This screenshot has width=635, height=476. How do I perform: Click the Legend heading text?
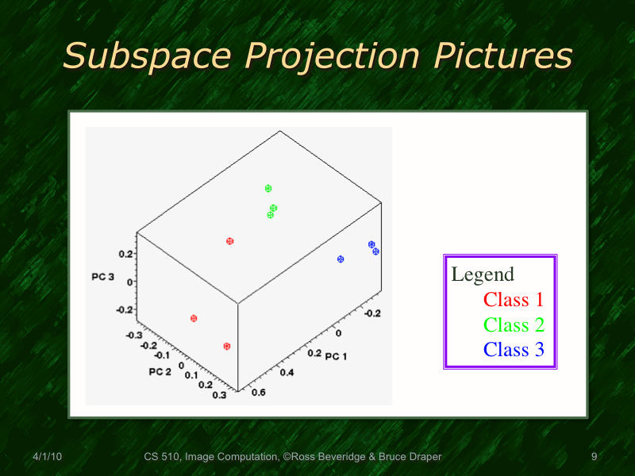(x=483, y=274)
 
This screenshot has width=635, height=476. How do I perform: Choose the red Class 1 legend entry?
(x=514, y=299)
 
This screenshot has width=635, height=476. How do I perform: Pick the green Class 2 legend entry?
(x=514, y=324)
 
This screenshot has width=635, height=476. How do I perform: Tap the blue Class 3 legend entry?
(x=514, y=350)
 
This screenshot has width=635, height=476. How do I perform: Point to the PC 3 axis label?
(x=102, y=278)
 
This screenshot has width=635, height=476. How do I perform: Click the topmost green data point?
(x=268, y=188)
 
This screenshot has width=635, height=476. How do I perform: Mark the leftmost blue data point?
(x=341, y=259)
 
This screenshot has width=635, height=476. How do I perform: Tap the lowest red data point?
(x=227, y=346)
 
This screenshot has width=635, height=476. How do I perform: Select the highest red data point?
(x=229, y=241)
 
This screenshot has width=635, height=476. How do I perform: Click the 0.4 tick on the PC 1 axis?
(x=286, y=371)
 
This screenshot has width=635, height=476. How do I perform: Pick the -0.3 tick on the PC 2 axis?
(x=133, y=335)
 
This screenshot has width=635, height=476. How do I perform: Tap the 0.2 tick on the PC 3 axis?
(x=125, y=254)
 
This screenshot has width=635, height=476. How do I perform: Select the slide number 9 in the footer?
(x=594, y=456)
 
